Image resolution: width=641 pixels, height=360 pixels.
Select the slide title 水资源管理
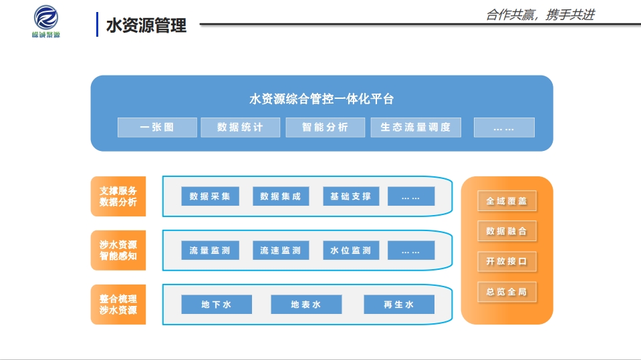(146, 26)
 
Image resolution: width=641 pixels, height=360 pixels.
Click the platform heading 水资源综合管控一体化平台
(322, 100)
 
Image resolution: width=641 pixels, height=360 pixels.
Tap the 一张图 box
(157, 128)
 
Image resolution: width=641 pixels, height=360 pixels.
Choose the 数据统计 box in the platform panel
(240, 128)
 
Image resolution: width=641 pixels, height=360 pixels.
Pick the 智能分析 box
(325, 128)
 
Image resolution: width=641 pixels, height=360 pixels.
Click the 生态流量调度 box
(416, 128)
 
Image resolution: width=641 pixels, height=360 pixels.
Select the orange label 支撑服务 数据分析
(118, 196)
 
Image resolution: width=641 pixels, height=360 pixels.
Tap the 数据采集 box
(210, 196)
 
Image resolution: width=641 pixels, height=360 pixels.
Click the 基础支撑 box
(350, 196)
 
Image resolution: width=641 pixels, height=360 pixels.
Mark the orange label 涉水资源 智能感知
(118, 250)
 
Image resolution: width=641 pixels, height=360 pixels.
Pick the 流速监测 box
(280, 250)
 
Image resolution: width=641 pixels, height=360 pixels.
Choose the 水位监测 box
(350, 250)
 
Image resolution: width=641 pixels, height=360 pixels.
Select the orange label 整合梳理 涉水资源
(118, 305)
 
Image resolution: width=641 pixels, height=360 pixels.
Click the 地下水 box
(217, 305)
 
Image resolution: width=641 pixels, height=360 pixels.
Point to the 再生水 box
(399, 305)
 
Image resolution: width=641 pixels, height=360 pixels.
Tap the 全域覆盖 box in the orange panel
(507, 200)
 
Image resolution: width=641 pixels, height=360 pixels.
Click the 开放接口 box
(507, 261)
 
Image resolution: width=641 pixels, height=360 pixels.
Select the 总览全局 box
(507, 292)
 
